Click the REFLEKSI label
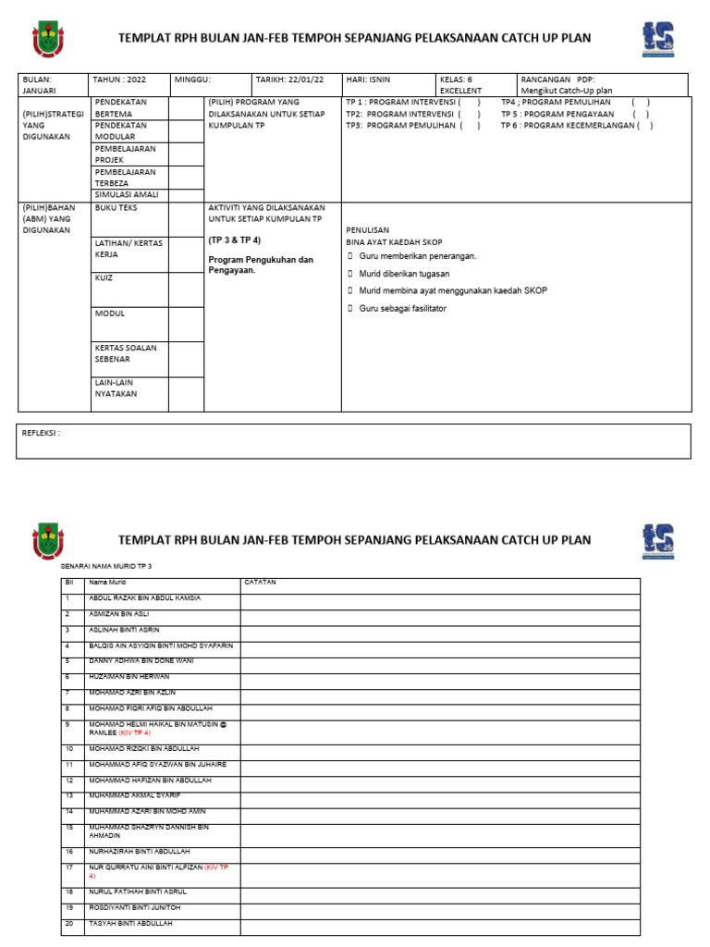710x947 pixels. click(41, 432)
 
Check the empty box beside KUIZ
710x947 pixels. click(186, 289)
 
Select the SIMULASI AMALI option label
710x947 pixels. click(127, 195)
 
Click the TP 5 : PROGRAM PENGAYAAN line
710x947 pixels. click(573, 114)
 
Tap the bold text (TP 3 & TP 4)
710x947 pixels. click(235, 240)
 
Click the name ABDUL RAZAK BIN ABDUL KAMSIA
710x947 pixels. click(144, 598)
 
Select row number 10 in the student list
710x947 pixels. click(68, 748)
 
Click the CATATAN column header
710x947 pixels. click(260, 583)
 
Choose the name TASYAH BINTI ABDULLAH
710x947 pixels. click(130, 924)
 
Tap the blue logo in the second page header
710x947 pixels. click(657, 541)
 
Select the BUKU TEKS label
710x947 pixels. click(114, 209)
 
